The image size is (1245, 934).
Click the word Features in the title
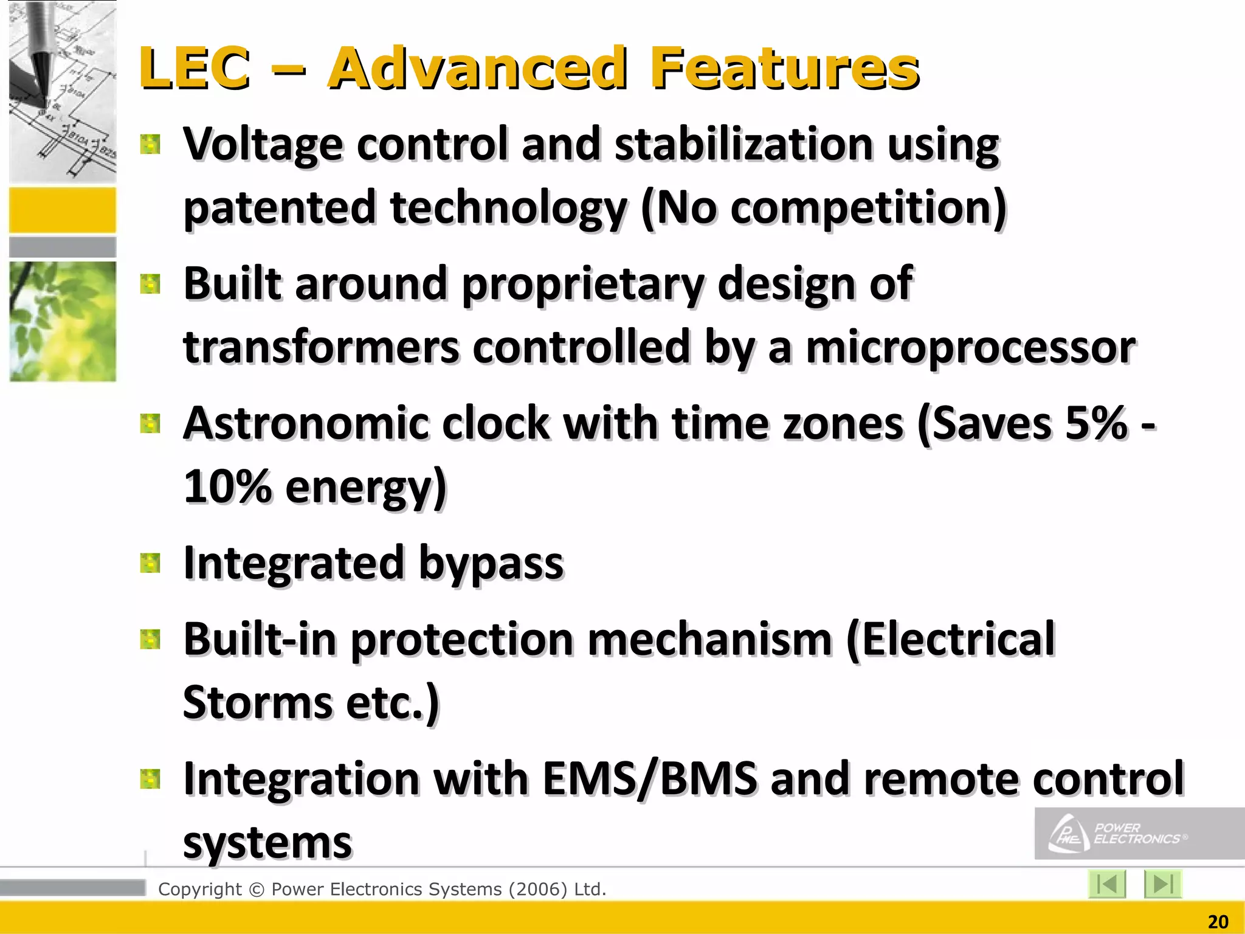point(784,68)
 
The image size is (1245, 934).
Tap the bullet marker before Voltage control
point(150,145)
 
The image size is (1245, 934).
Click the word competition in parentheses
point(862,208)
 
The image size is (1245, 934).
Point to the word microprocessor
point(970,348)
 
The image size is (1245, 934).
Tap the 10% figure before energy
point(227,487)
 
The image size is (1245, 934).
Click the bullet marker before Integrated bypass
point(150,563)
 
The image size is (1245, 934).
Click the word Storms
point(258,703)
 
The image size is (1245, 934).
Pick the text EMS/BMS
point(649,779)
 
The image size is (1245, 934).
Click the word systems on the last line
point(267,843)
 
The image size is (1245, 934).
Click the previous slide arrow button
point(1107,884)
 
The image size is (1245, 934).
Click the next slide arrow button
point(1162,884)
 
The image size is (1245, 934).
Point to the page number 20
point(1218,922)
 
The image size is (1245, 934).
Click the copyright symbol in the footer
point(257,890)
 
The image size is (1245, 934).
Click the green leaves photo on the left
point(63,322)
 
